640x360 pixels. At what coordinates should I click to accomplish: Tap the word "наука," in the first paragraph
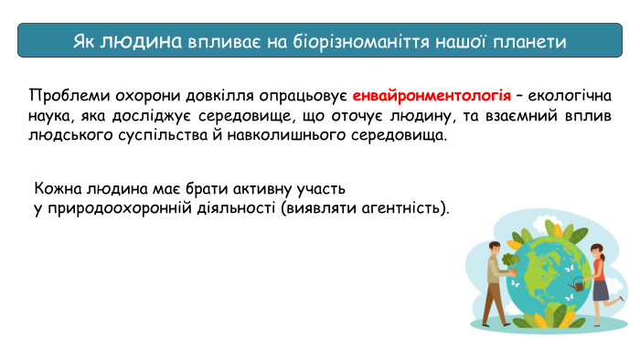point(53,116)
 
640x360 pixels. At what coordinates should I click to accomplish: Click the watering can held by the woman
point(577,286)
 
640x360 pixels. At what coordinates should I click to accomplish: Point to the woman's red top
point(599,268)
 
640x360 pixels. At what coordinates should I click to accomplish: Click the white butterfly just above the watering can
point(574,270)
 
